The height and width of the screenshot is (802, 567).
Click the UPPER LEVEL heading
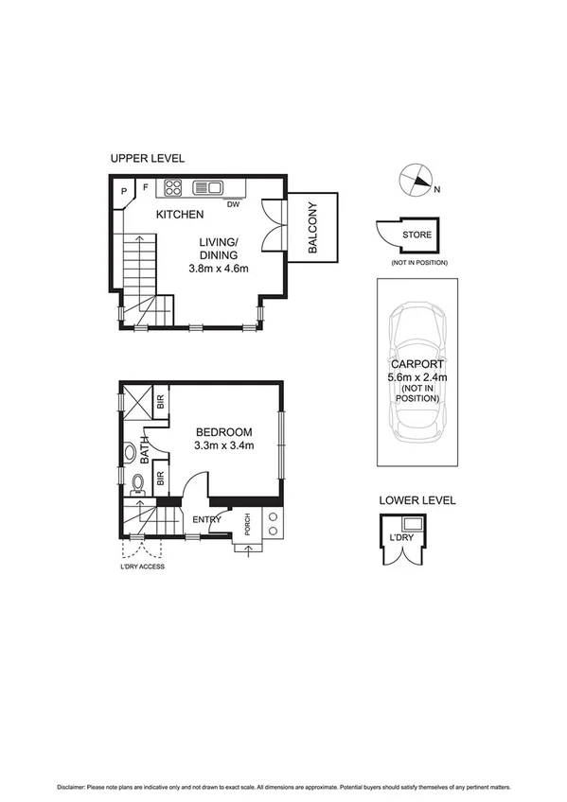(148, 158)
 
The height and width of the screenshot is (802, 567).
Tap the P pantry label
(125, 190)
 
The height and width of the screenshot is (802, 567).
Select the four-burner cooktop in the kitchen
(174, 186)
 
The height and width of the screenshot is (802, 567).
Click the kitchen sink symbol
(207, 186)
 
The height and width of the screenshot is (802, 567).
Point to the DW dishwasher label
(231, 200)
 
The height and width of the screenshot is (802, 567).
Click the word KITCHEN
(180, 215)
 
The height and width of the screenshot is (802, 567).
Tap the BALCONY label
(312, 230)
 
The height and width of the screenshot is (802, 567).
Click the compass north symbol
(415, 181)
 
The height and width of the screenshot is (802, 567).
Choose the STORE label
(416, 235)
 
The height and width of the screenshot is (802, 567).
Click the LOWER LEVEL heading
(417, 500)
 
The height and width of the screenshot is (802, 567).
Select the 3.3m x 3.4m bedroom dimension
(224, 446)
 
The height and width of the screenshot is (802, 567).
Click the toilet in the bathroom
(137, 482)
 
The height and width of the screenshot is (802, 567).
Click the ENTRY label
(206, 519)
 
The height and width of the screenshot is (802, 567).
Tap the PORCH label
(247, 525)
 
